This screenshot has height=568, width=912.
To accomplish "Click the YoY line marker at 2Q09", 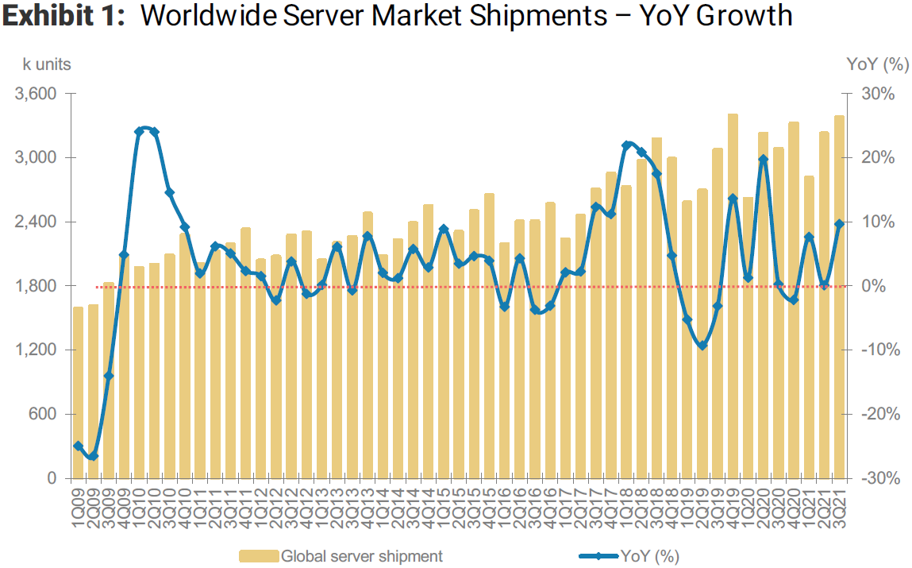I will point(93,456).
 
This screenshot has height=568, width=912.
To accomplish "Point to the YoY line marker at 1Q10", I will point(139,131).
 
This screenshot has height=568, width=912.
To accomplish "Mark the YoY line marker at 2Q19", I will point(702,346).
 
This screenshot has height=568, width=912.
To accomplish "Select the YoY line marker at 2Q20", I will point(763,160).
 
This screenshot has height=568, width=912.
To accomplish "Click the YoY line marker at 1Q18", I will point(625,145).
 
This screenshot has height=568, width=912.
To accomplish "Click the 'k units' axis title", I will point(46,64).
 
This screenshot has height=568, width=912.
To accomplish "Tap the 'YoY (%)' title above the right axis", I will point(876,64).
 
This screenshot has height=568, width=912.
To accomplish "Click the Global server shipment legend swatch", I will point(259,556).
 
